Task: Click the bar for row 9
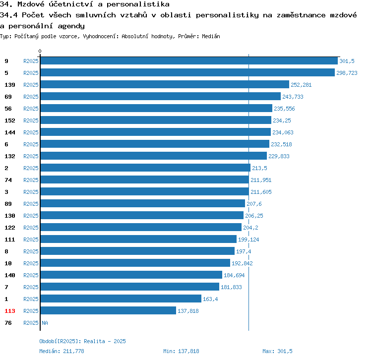coord(188,61)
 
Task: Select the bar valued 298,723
coord(187,73)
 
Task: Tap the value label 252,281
coord(301,85)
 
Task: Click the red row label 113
coord(10,311)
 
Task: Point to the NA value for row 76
coord(45,323)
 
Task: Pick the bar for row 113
coord(108,311)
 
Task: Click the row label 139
coord(10,85)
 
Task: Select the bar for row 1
coord(121,299)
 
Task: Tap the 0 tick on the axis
coord(40,52)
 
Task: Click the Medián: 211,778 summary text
coord(62,351)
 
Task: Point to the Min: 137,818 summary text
coord(181,351)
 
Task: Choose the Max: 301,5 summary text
coord(277,351)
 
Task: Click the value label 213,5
coord(260,168)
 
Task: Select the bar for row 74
coord(144,180)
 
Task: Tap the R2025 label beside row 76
coord(31,323)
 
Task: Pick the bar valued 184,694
coord(131,275)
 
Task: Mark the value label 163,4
coord(210,299)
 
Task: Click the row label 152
coord(10,120)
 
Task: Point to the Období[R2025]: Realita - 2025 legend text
coord(82,341)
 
